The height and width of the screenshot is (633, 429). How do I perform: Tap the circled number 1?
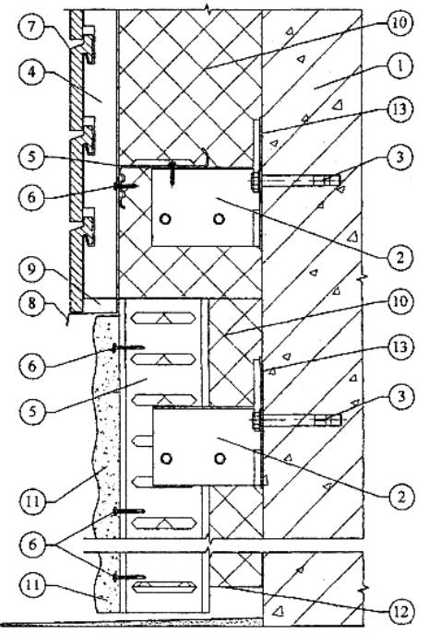pyautogui.click(x=399, y=66)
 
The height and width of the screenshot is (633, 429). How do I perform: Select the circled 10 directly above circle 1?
pyautogui.click(x=399, y=23)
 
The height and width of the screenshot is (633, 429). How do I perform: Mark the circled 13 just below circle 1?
pyautogui.click(x=399, y=110)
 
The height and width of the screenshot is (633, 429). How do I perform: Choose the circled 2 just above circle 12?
pyautogui.click(x=399, y=497)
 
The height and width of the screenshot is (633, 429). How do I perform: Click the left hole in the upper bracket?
pyautogui.click(x=165, y=218)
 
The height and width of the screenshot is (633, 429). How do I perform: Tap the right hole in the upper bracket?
pyautogui.click(x=219, y=218)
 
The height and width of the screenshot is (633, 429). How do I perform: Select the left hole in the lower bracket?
pyautogui.click(x=166, y=459)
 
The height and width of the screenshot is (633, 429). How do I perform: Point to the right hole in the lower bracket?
pyautogui.click(x=220, y=459)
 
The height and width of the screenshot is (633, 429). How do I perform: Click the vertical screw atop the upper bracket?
pyautogui.click(x=173, y=173)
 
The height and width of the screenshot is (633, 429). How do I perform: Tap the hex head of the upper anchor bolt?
pyautogui.click(x=255, y=182)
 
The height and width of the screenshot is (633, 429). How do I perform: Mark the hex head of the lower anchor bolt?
pyautogui.click(x=256, y=421)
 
